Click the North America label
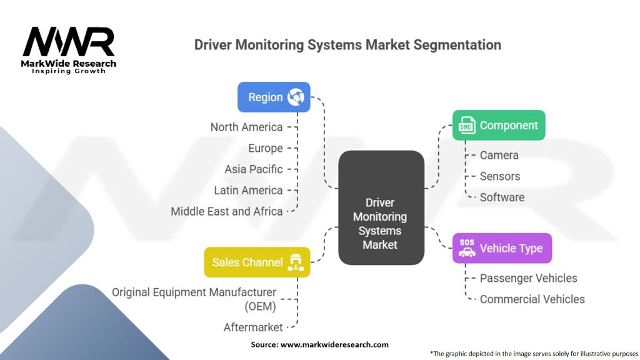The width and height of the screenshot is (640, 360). (x=246, y=127)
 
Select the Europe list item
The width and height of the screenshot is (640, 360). (x=265, y=148)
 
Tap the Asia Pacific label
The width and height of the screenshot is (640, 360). (x=254, y=169)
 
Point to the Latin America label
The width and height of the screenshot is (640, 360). (x=248, y=190)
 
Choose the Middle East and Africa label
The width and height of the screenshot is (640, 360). (x=227, y=211)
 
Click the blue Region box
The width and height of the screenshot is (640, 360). (x=274, y=97)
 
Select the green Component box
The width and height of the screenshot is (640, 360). (x=499, y=126)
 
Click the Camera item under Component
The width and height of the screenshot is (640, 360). (x=499, y=155)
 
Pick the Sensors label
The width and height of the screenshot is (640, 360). (x=500, y=176)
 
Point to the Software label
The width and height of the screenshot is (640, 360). (x=502, y=197)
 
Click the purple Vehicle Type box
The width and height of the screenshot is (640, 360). (x=502, y=248)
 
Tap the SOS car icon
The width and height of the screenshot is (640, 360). (x=467, y=248)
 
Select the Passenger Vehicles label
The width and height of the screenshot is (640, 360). (x=528, y=278)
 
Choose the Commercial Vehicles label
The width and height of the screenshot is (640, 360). (x=532, y=299)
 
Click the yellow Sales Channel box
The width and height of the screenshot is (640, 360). (x=257, y=262)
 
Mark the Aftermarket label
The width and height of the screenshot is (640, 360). (x=253, y=327)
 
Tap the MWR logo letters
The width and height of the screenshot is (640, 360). (x=69, y=42)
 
